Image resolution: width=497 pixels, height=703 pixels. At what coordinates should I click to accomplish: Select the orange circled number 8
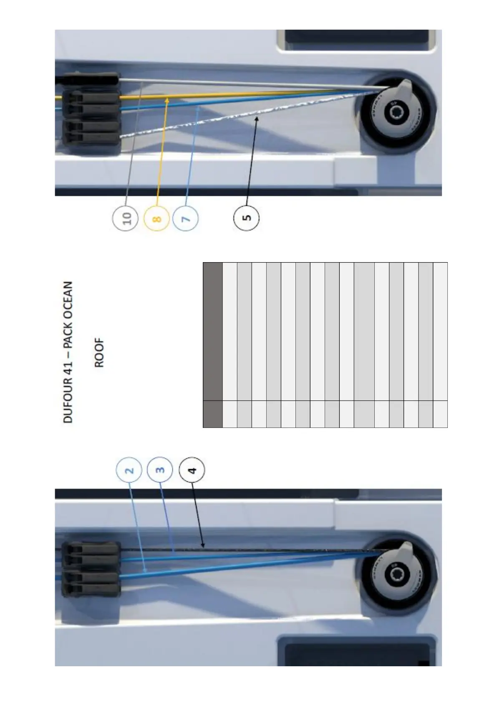click(x=156, y=217)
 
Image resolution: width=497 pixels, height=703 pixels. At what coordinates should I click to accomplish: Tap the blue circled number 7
click(x=186, y=217)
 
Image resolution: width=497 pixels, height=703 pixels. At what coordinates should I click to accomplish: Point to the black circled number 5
click(x=247, y=217)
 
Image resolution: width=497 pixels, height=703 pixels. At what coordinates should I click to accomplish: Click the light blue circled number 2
click(x=129, y=470)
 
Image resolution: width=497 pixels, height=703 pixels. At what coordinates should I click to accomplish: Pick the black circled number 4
click(x=192, y=470)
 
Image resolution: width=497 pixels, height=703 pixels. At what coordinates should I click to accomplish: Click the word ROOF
click(x=99, y=353)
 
